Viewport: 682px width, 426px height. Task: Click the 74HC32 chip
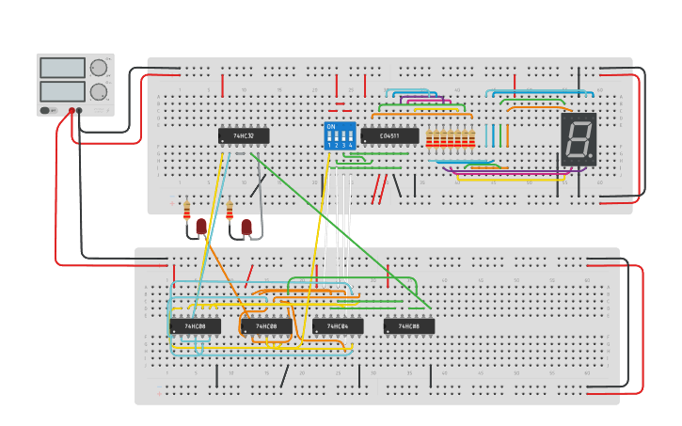pyautogui.click(x=244, y=136)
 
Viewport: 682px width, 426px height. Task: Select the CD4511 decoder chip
pyautogui.click(x=389, y=136)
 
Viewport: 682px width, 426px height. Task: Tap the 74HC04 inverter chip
pyautogui.click(x=338, y=326)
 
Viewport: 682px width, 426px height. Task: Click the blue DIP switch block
pyautogui.click(x=340, y=135)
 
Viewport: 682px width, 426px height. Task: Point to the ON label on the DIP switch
pyautogui.click(x=330, y=126)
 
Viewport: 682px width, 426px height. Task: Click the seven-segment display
pyautogui.click(x=579, y=140)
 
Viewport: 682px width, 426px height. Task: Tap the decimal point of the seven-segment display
pyautogui.click(x=592, y=156)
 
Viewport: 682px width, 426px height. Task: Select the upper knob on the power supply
pyautogui.click(x=98, y=68)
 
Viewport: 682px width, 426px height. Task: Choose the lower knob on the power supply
pyautogui.click(x=98, y=91)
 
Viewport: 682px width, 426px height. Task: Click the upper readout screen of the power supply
pyautogui.click(x=62, y=68)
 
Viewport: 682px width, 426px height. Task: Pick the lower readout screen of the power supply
pyautogui.click(x=62, y=91)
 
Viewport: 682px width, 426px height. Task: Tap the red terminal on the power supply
pyautogui.click(x=70, y=111)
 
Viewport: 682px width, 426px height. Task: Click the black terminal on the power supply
pyautogui.click(x=79, y=111)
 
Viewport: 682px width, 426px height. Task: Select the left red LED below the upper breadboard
pyautogui.click(x=201, y=227)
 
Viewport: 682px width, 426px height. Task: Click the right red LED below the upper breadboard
pyautogui.click(x=246, y=227)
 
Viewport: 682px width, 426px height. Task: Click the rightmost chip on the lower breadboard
pyautogui.click(x=409, y=326)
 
